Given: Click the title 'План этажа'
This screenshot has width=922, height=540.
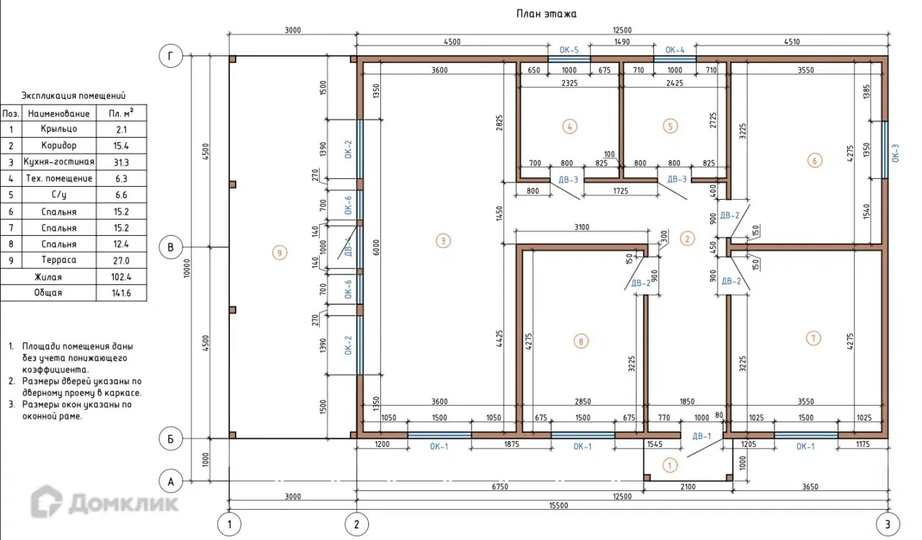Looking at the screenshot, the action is [x=546, y=14].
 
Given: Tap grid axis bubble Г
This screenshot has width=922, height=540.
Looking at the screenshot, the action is [x=171, y=56].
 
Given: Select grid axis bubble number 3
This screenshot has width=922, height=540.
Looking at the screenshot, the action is [x=887, y=524].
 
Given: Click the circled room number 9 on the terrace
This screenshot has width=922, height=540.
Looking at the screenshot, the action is [x=279, y=252].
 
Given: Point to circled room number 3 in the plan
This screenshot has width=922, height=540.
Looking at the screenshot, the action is [x=443, y=241].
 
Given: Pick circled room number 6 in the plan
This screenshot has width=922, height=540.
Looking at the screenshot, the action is [x=815, y=160].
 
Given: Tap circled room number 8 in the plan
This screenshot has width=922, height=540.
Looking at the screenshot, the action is [x=581, y=341].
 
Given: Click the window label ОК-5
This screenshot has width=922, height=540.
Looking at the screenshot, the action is [x=569, y=50].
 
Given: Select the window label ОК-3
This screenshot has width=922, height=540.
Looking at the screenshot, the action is [x=895, y=153].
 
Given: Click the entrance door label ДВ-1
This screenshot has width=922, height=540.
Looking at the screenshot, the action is [x=702, y=436].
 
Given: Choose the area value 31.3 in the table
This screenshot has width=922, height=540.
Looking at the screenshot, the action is [x=122, y=162].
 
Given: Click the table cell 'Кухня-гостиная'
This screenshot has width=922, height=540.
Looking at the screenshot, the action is [x=59, y=161].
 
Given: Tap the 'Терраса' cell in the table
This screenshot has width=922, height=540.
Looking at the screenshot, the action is [x=59, y=260].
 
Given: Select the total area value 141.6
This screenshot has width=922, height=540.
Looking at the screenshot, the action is [x=122, y=293].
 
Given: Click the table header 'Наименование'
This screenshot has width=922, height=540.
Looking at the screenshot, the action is [x=59, y=113].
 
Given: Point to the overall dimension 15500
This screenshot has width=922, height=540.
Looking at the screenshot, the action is [x=558, y=505].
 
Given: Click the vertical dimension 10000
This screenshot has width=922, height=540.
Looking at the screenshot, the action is [x=187, y=268].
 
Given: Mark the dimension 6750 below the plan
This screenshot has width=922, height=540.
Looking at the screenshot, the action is [x=500, y=487].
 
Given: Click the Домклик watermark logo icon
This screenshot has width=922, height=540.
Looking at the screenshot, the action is [x=47, y=501].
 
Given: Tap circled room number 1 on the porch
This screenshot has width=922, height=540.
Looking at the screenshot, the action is [x=670, y=466].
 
